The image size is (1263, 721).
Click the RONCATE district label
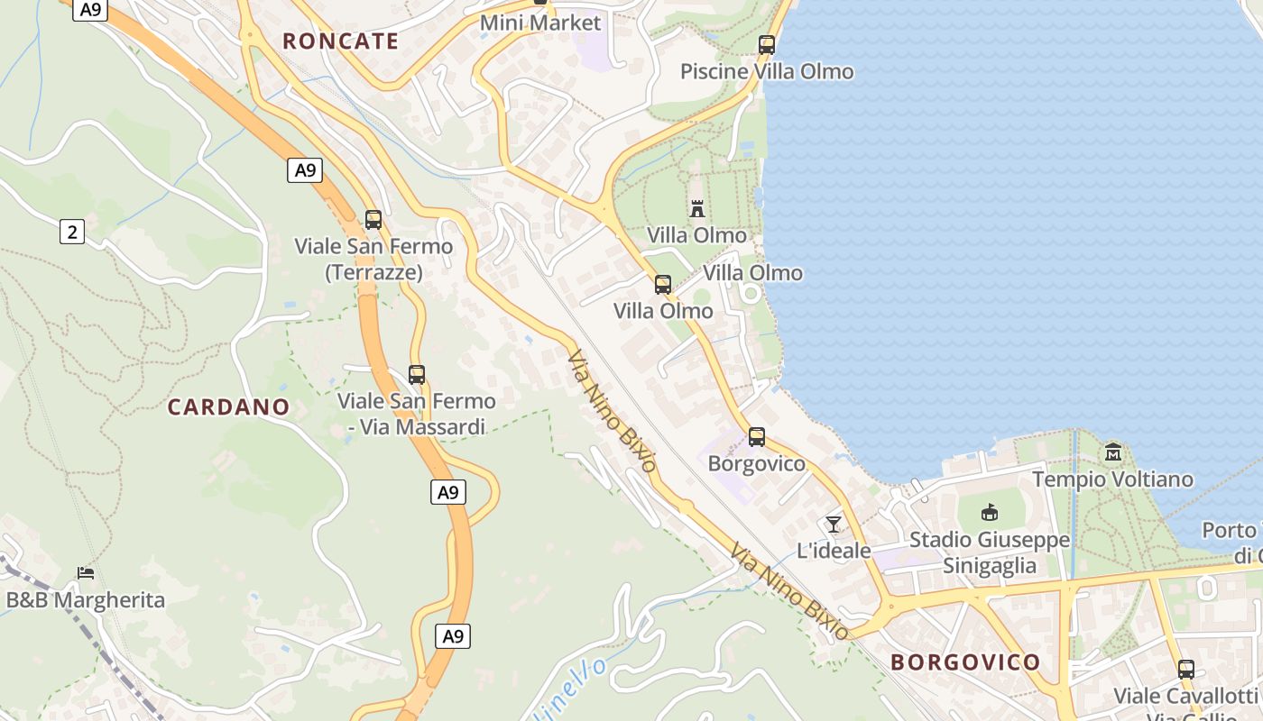(x=340, y=41)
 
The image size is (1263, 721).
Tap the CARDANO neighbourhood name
(x=228, y=406)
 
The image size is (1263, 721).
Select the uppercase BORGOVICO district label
(x=965, y=662)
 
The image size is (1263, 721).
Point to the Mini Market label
(x=539, y=23)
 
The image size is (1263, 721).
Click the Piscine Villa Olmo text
(x=766, y=71)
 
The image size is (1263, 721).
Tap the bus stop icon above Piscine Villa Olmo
(x=767, y=44)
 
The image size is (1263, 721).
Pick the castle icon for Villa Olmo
(x=696, y=209)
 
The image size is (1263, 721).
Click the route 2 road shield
(x=71, y=232)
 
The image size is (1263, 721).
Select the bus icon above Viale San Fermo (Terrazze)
(x=373, y=219)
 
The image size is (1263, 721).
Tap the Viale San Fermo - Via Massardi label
(x=417, y=414)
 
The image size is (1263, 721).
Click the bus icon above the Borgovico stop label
(x=756, y=437)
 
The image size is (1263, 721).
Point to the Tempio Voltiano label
(x=1111, y=479)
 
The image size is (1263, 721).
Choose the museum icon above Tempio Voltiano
(x=1112, y=452)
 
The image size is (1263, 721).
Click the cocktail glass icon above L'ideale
(x=834, y=524)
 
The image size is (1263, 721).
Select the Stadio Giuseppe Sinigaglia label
(x=989, y=552)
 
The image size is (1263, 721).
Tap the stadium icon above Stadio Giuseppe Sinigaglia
(x=990, y=513)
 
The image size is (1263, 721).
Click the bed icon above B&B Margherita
(x=86, y=572)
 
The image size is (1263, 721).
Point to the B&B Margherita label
(x=86, y=599)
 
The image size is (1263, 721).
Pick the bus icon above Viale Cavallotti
(x=1185, y=669)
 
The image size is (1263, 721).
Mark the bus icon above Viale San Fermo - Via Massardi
(x=416, y=374)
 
